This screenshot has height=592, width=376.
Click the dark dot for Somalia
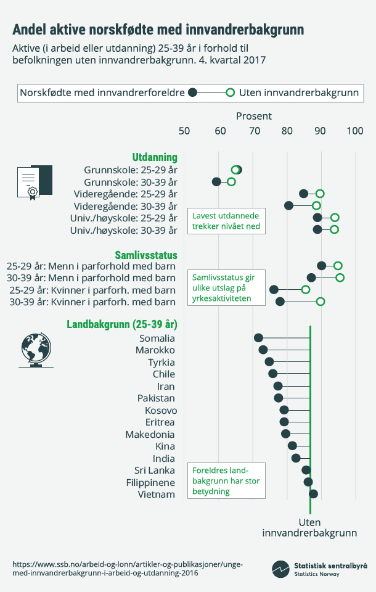click(x=258, y=338)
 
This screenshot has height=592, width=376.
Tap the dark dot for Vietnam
click(x=313, y=494)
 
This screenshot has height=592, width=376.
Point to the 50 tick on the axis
click(x=184, y=131)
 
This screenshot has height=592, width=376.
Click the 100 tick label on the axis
click(x=354, y=131)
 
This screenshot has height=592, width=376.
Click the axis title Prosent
click(x=254, y=116)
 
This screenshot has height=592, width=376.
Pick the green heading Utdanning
click(x=155, y=157)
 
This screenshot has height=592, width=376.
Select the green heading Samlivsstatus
click(x=146, y=255)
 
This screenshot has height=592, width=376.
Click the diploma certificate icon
click(x=34, y=183)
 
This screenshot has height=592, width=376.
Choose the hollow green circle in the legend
click(x=230, y=92)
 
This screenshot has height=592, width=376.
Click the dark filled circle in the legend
click(x=192, y=92)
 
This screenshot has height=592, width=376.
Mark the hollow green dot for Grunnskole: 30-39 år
click(x=231, y=182)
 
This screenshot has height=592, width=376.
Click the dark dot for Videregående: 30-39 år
click(x=288, y=205)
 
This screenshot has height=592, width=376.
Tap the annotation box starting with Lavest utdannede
click(x=226, y=220)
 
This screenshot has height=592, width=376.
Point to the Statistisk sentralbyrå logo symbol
click(x=281, y=569)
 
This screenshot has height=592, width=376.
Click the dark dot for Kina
click(x=292, y=446)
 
